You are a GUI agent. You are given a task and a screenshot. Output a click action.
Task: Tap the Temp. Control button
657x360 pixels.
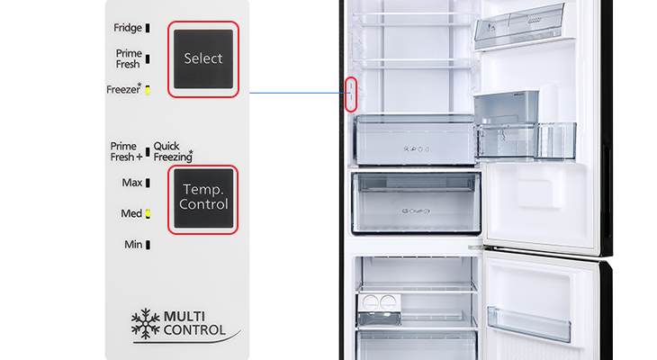[203, 199]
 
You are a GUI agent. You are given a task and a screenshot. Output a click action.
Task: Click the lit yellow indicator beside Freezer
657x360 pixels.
[148, 90]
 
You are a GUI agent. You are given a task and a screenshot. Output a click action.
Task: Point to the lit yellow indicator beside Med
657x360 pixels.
[148, 213]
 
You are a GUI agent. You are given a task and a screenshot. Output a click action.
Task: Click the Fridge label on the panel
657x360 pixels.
[128, 28]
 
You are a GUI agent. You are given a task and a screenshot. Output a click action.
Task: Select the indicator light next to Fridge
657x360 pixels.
[148, 28]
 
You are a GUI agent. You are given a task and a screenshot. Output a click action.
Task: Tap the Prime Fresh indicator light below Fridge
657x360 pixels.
[148, 59]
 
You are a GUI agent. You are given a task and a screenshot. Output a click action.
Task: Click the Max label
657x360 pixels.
[132, 183]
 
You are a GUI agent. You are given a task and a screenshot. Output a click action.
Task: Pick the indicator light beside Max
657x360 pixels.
[148, 183]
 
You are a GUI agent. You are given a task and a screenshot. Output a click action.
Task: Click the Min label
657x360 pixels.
[133, 244]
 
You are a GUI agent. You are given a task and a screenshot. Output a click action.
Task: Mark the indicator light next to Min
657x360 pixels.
[148, 245]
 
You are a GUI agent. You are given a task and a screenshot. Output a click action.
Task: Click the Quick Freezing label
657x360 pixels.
[173, 152]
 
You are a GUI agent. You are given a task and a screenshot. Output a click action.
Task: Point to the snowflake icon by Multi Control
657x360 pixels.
[146, 323]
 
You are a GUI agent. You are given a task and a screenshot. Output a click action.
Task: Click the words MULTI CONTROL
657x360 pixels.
[194, 323]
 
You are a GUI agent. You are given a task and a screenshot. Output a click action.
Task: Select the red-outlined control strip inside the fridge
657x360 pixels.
[351, 94]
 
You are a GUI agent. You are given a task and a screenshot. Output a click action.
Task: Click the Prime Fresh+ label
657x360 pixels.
[127, 152]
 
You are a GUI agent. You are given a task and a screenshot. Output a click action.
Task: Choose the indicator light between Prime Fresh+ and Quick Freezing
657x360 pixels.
[148, 152]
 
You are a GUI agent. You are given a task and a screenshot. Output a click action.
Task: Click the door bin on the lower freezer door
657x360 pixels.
[529, 323]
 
